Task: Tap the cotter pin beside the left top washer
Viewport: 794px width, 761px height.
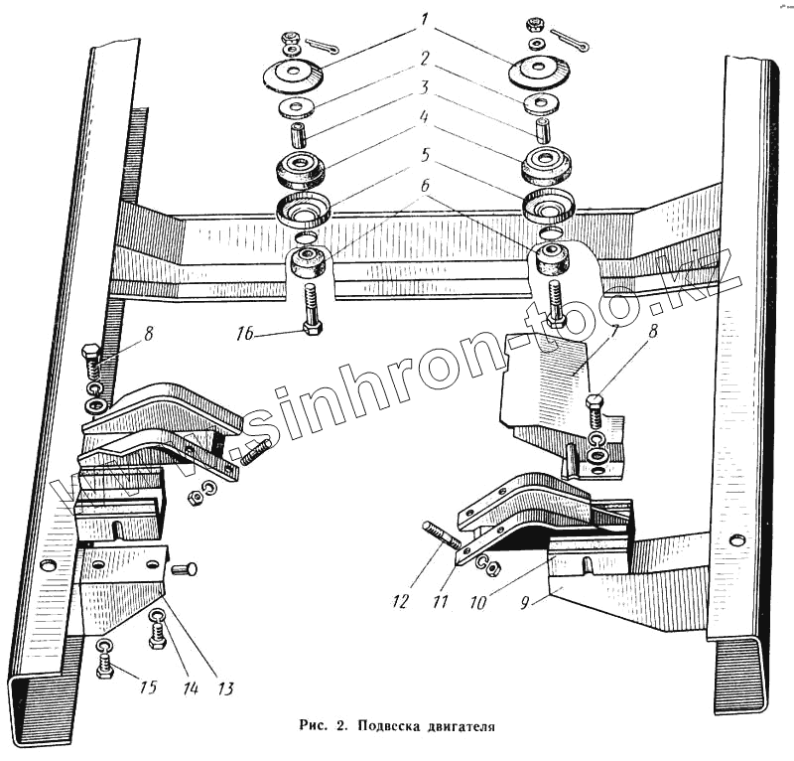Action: point(323,46)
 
